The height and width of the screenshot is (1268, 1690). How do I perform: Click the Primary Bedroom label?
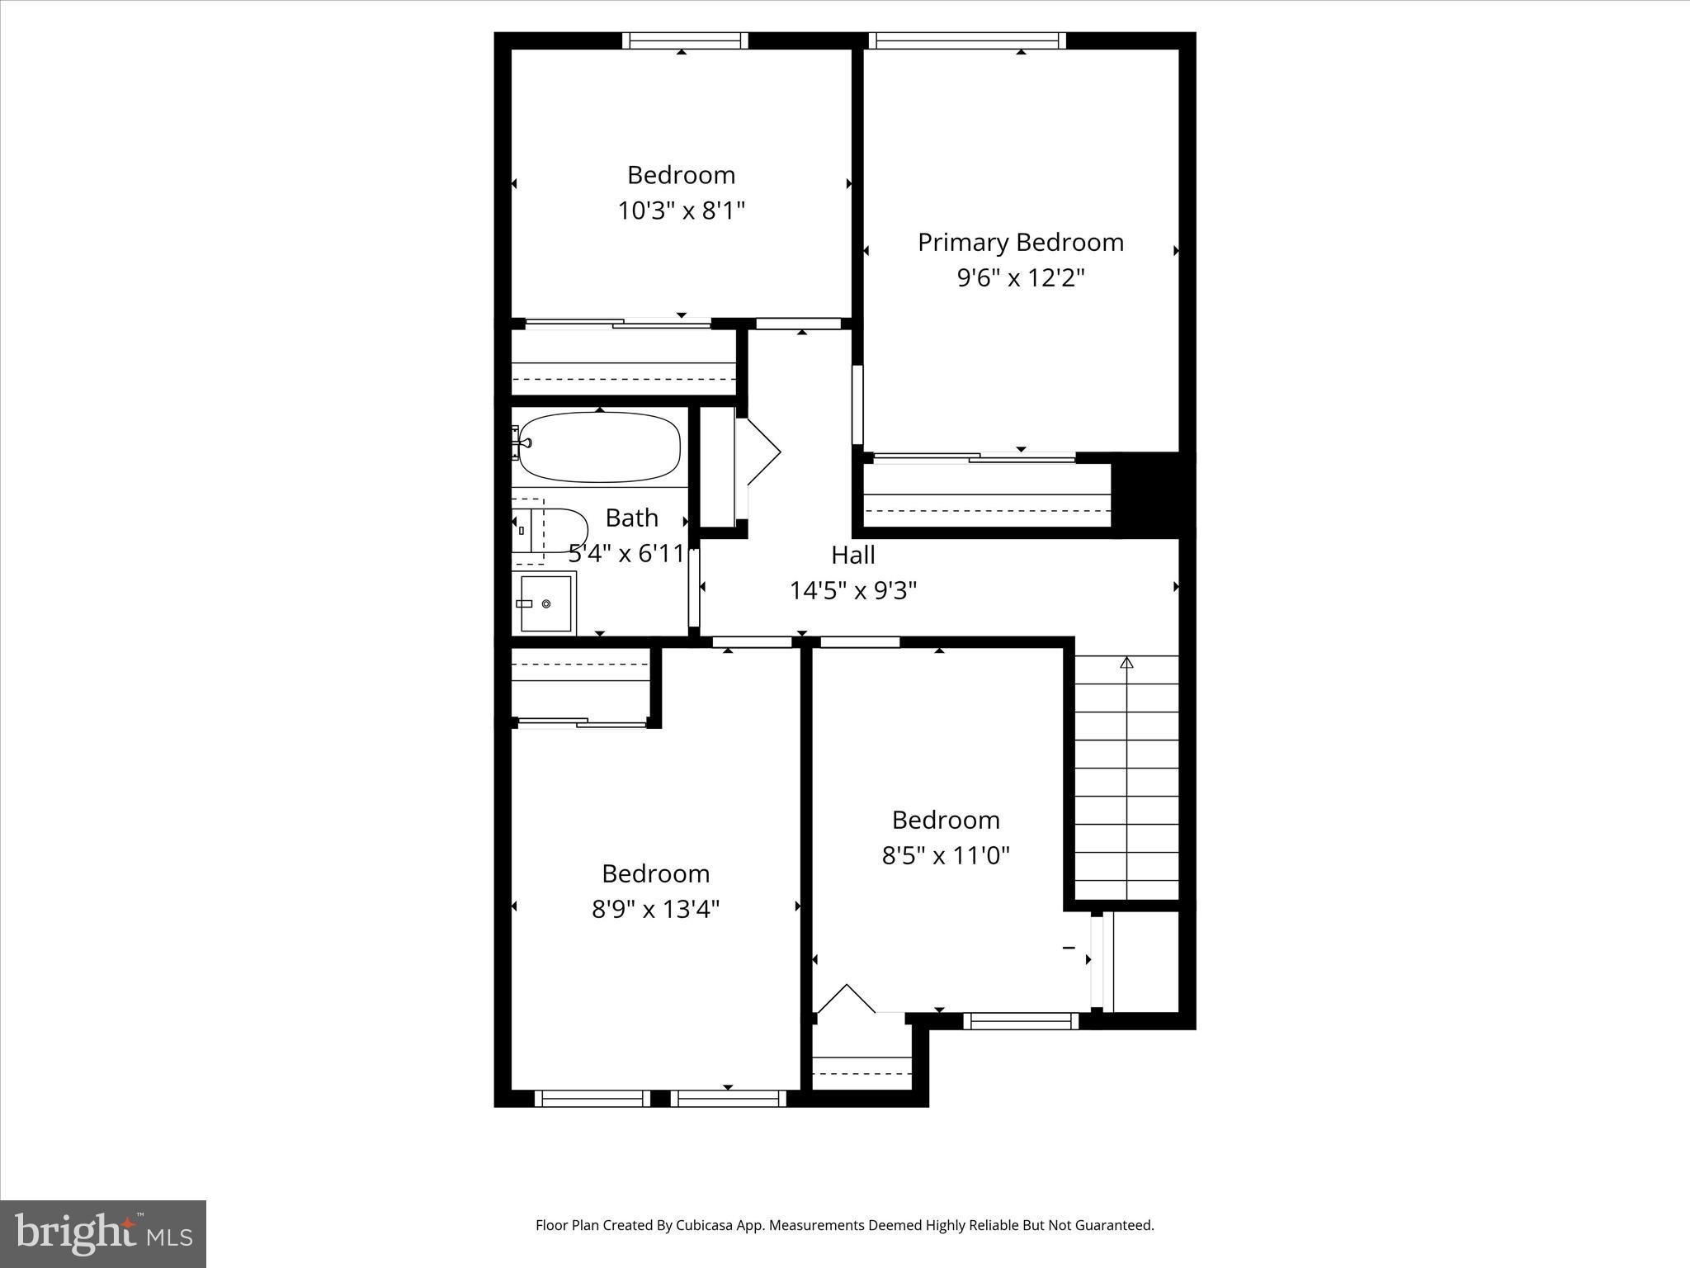(1020, 242)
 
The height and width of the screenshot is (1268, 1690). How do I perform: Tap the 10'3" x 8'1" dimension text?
(681, 211)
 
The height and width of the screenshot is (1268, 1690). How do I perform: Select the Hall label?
(852, 555)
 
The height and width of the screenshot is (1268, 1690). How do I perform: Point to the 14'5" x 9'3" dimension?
(852, 591)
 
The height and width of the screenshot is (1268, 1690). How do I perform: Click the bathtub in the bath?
(600, 447)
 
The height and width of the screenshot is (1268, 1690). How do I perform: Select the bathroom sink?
(545, 603)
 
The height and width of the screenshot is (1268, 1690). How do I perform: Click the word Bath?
(631, 518)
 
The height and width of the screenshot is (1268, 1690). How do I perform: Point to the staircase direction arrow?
(1126, 663)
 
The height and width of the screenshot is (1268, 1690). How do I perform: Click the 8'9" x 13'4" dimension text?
(655, 910)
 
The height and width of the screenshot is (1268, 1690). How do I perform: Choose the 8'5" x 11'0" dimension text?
(946, 856)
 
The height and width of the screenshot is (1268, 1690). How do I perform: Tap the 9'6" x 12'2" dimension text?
(1020, 278)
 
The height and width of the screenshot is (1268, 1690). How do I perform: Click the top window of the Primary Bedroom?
(966, 40)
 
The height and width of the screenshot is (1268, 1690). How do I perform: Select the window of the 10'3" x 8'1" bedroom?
(684, 40)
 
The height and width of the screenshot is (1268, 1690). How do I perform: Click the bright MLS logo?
(103, 1233)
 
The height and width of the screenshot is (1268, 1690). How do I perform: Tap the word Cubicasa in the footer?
(707, 1225)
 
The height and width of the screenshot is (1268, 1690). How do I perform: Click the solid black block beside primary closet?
(1153, 494)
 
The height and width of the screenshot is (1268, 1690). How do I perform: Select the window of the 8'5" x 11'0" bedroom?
(1021, 1021)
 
